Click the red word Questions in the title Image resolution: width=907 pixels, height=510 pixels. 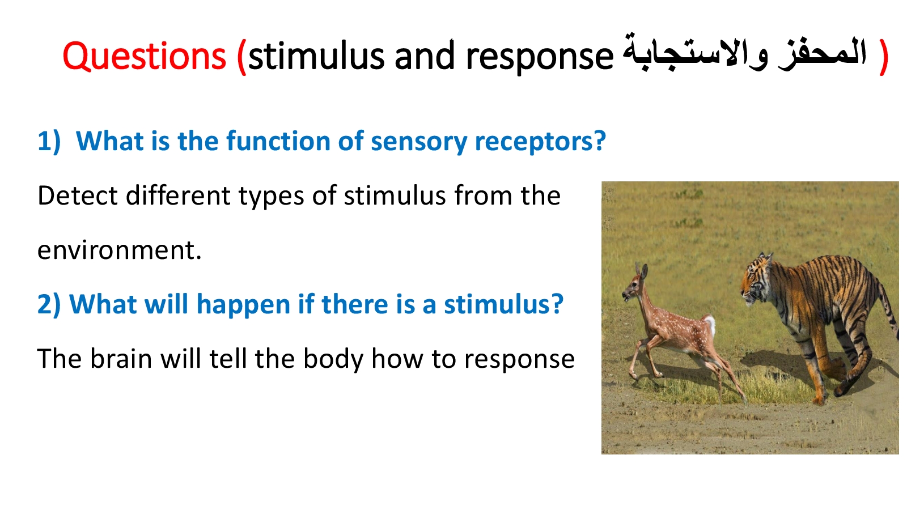[144, 57]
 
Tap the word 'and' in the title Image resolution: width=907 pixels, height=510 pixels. [425, 56]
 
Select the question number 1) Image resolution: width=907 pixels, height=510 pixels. [49, 141]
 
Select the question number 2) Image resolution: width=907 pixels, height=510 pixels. [49, 304]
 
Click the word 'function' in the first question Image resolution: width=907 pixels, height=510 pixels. [278, 141]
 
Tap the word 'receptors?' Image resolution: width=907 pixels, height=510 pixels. [540, 142]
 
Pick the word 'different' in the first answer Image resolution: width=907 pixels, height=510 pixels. [178, 195]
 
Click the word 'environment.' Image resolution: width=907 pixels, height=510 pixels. [120, 250]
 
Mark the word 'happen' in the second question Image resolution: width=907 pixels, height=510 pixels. [243, 305]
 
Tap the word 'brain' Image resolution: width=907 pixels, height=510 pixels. [121, 359]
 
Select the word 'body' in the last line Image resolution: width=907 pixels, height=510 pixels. [333, 359]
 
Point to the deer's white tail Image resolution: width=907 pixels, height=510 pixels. [709, 326]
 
